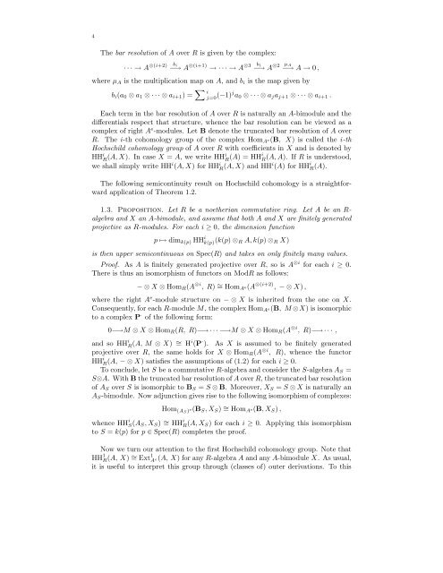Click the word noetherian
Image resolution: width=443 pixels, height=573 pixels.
pos(251,241)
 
